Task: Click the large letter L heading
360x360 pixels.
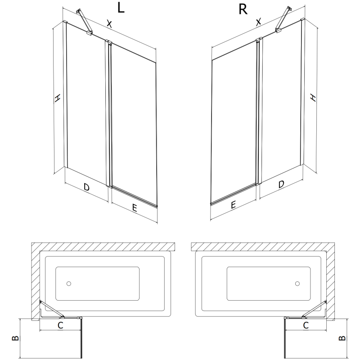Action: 120,9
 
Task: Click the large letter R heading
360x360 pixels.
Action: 243,9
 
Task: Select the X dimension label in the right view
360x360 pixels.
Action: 258,22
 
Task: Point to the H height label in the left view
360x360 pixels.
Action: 57,99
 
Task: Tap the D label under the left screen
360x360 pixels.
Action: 86,186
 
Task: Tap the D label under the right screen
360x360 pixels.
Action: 281,184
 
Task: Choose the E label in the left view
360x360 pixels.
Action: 134,207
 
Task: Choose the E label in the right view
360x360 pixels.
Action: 233,205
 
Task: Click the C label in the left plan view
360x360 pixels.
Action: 60,324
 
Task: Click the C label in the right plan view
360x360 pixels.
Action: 306,324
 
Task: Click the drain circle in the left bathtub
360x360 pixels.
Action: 68,284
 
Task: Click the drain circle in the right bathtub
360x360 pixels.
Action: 297,284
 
